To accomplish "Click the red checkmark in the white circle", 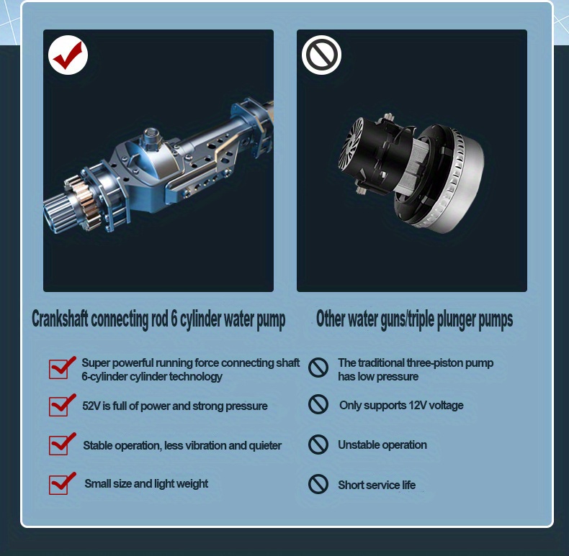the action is tap(68, 55).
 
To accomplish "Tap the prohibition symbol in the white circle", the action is tap(321, 55).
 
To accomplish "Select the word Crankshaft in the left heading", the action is tap(60, 319).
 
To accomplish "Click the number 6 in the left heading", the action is tap(174, 319).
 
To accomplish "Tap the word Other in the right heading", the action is tap(330, 319).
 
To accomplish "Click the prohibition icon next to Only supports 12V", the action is tap(318, 404).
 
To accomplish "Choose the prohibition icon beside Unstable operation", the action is tap(318, 445).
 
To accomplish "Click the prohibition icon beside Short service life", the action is tap(318, 484).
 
